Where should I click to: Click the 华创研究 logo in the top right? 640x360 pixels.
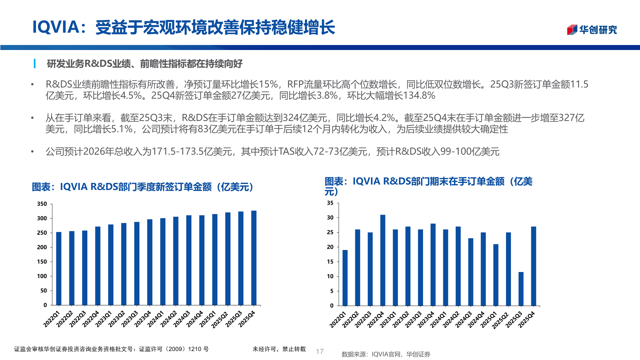point(592,30)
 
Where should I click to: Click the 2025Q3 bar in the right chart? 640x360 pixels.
point(521,289)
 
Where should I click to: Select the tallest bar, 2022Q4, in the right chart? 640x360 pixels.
point(383,260)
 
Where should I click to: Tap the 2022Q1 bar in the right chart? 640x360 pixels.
point(345,277)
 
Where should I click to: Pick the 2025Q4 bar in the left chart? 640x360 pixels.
point(254,257)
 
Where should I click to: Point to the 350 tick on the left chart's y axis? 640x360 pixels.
point(42,204)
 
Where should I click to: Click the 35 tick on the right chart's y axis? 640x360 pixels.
point(330,203)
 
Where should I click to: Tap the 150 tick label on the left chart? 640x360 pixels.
point(42,262)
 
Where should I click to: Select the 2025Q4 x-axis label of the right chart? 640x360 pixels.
point(527,320)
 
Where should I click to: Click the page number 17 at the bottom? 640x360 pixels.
point(320,351)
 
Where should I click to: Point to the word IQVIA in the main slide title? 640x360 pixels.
point(55,27)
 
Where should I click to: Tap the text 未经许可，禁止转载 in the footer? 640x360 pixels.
point(279,349)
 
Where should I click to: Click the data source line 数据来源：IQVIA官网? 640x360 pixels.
point(386,354)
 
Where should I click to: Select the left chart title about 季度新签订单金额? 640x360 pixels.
point(143,187)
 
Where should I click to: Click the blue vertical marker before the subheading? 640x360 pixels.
point(35,63)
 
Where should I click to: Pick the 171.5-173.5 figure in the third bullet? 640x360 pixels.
point(178,152)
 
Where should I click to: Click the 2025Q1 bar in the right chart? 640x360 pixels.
point(496,275)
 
